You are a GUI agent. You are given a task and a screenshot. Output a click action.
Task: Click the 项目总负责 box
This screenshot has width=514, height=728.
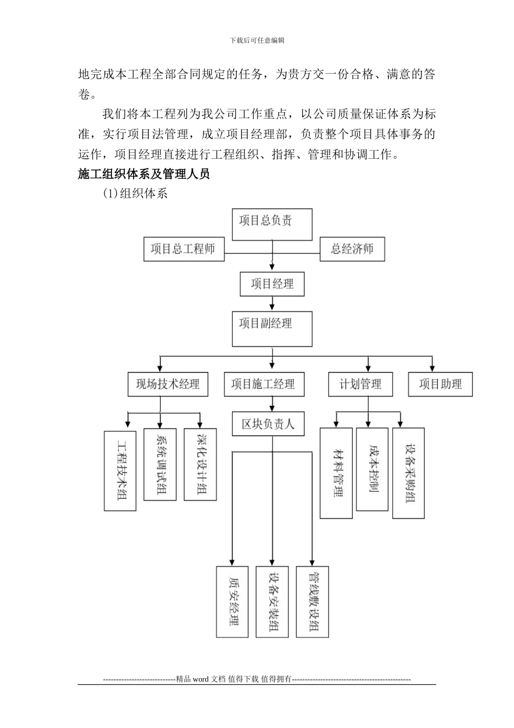(x=272, y=224)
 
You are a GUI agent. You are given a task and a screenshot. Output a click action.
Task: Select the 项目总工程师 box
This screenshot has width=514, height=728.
(x=184, y=249)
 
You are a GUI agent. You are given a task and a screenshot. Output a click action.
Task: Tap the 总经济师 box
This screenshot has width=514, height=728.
(x=352, y=249)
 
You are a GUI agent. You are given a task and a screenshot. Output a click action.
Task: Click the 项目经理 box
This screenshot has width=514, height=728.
(x=272, y=283)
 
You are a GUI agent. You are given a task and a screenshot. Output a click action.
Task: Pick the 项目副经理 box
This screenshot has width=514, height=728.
(x=272, y=328)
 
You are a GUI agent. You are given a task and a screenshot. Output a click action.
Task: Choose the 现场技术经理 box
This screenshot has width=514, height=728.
(x=168, y=384)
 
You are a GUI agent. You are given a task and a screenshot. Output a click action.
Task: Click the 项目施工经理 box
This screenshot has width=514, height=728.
(x=263, y=384)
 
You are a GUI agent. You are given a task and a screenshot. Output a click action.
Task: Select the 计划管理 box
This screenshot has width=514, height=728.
(x=360, y=384)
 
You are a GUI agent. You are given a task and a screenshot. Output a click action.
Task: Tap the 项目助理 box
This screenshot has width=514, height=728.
(x=440, y=384)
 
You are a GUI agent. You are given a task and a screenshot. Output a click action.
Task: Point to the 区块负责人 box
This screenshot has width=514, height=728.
(x=268, y=423)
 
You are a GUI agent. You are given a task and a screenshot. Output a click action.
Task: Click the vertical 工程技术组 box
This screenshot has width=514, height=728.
(x=120, y=471)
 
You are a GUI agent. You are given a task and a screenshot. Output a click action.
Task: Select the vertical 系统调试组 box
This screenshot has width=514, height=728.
(x=160, y=464)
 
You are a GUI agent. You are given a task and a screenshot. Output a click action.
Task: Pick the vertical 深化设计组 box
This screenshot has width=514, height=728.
(x=200, y=464)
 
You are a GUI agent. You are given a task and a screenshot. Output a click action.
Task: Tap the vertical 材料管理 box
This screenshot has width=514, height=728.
(x=336, y=473)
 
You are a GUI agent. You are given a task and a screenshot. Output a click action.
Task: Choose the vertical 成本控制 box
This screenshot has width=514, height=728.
(x=372, y=469)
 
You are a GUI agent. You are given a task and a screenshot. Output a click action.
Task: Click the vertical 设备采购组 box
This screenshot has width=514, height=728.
(x=408, y=473)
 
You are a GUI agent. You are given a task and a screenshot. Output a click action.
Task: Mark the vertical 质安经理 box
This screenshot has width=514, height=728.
(x=232, y=601)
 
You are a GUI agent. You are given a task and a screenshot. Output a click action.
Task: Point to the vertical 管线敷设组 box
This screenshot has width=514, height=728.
(x=312, y=601)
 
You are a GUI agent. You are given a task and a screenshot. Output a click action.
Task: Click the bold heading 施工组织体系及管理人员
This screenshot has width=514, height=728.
(x=143, y=174)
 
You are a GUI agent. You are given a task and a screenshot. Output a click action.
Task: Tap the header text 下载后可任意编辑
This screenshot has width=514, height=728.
(x=257, y=40)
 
